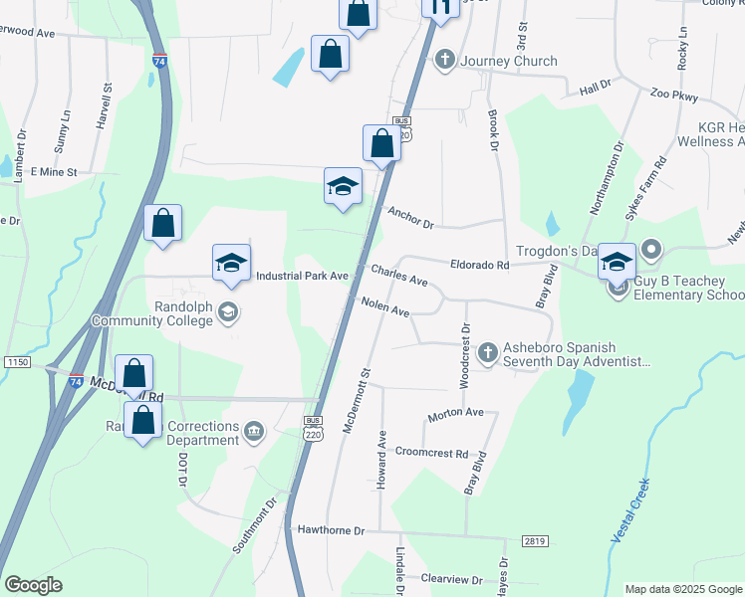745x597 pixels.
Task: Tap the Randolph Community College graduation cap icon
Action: coord(228,313)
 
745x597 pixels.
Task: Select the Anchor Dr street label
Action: coord(411,218)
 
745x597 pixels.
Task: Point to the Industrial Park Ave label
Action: coord(302,276)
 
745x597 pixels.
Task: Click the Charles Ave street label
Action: coord(399,276)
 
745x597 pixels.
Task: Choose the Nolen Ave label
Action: coord(385,307)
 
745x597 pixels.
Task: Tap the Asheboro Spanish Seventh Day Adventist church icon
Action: coord(488,352)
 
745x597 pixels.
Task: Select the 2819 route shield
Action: coord(535,541)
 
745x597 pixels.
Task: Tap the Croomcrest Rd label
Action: coord(432,453)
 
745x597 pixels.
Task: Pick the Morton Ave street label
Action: coord(455,412)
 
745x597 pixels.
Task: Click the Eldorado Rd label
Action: coord(479,266)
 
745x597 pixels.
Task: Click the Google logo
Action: coord(33,585)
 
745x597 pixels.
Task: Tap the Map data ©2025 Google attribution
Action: coord(682,589)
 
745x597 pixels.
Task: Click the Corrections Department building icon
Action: coord(254,431)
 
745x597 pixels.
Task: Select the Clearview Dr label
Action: coord(451,579)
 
